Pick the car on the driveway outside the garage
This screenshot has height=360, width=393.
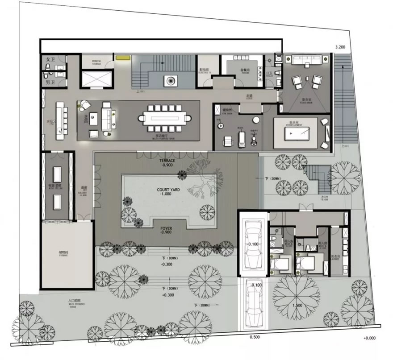point(252,303)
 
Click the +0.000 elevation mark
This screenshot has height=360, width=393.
point(371,338)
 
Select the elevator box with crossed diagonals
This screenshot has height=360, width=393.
point(96,79)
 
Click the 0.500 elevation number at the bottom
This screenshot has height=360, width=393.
point(255,337)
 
